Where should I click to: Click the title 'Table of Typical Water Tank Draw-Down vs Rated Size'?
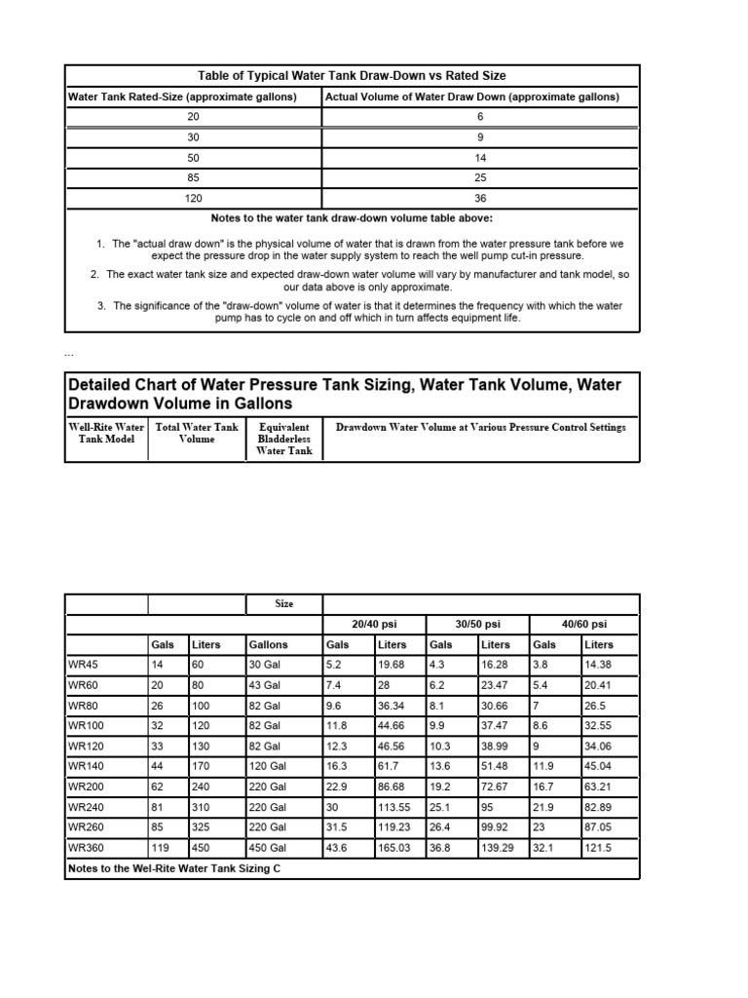[x=352, y=76]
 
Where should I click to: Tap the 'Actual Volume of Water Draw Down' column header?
[x=471, y=96]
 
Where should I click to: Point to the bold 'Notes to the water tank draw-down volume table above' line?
[x=352, y=218]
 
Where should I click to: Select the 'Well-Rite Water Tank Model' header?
[x=106, y=433]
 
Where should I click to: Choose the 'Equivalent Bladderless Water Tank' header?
[x=284, y=439]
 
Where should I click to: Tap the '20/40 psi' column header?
[x=374, y=624]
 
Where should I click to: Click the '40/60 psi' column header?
[x=583, y=624]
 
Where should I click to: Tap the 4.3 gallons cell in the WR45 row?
[x=439, y=665]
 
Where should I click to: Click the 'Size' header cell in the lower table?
[x=283, y=604]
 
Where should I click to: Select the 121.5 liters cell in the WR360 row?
[x=598, y=848]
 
